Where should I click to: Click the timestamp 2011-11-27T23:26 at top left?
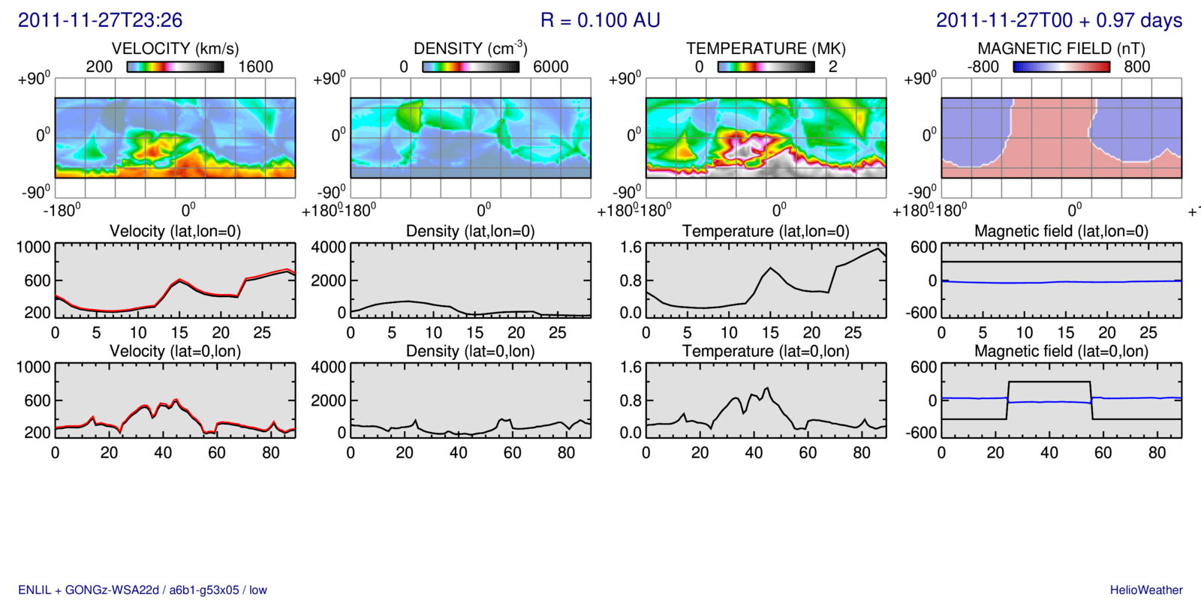point(100,20)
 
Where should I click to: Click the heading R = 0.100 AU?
point(600,20)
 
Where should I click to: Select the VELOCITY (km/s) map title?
point(175,49)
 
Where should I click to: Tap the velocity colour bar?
point(175,67)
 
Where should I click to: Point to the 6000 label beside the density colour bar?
point(550,67)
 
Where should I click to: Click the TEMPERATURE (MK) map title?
point(766,49)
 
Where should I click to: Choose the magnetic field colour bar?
point(1061,67)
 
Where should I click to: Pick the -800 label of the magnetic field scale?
point(983,67)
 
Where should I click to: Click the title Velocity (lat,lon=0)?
point(175,231)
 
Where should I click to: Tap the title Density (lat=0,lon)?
point(471,351)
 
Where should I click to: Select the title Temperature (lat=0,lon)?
point(766,351)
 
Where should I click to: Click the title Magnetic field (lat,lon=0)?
point(1061,231)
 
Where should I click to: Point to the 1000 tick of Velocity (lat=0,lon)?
point(33,367)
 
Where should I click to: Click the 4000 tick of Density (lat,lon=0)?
point(329,247)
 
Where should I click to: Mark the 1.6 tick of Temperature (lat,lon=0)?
point(631,247)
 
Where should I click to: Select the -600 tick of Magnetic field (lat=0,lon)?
point(921,433)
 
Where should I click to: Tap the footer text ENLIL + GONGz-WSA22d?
point(89,590)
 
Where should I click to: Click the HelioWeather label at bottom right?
point(1146,590)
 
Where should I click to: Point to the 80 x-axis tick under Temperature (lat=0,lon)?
point(862,453)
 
